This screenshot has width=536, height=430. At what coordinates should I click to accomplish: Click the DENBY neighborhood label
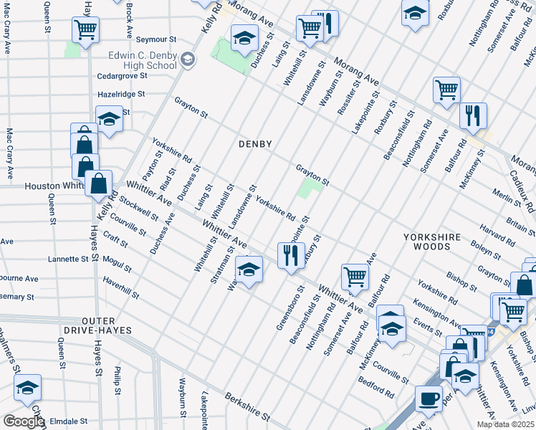coord(255,144)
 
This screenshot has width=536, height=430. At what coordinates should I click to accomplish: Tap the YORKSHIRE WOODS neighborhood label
coord(427,241)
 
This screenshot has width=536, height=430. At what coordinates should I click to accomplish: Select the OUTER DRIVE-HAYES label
coord(108,325)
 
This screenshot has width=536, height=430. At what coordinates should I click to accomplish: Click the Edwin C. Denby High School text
coord(143,60)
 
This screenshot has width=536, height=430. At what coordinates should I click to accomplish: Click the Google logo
coord(23,421)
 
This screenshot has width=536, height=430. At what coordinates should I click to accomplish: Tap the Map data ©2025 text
coord(505,424)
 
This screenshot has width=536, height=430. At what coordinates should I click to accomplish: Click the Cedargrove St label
coord(123,75)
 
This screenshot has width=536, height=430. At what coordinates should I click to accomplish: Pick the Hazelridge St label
coord(121,94)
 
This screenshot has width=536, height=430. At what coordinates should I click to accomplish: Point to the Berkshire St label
coord(247,406)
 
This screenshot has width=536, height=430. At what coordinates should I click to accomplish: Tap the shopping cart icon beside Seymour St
coord(85,30)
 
